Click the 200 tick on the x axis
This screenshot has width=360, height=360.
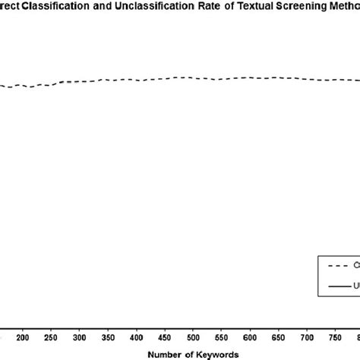22,336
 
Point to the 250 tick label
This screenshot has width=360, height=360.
51,336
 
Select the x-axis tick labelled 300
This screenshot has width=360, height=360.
79,336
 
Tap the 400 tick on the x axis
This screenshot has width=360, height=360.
136,336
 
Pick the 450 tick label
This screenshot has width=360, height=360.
165,336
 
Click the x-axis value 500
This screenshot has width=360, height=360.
193,336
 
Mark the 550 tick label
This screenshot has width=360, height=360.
222,336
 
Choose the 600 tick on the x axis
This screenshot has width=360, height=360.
250,336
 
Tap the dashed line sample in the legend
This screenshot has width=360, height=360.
337,265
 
